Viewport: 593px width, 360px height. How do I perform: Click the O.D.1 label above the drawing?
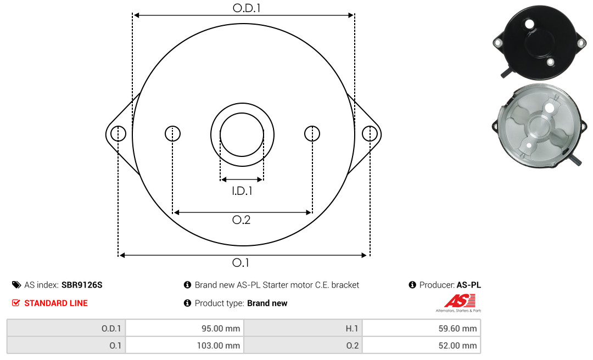[x=247, y=8]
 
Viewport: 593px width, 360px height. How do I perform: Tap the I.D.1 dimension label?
[x=242, y=191]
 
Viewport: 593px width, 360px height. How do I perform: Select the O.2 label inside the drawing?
[x=241, y=220]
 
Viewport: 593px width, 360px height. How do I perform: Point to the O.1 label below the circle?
[x=240, y=262]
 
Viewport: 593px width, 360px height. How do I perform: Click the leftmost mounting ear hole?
[x=119, y=133]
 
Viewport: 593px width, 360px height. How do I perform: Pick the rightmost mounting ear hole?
[x=370, y=133]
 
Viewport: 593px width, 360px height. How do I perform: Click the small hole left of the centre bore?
[x=172, y=133]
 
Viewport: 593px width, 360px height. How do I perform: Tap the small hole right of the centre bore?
[x=312, y=133]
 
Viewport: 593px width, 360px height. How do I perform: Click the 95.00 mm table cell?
[x=185, y=328]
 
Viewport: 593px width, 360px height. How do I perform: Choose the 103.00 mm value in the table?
[x=185, y=345]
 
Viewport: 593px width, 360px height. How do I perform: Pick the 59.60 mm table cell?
[x=422, y=328]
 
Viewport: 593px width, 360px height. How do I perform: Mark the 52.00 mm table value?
[x=422, y=345]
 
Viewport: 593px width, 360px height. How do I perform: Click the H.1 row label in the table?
[x=352, y=329]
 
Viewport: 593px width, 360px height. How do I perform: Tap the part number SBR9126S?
[x=82, y=285]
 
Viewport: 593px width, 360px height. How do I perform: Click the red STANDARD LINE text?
[x=56, y=303]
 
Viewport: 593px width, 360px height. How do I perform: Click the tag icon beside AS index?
[x=16, y=285]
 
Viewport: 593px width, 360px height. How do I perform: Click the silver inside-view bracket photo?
[x=540, y=126]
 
